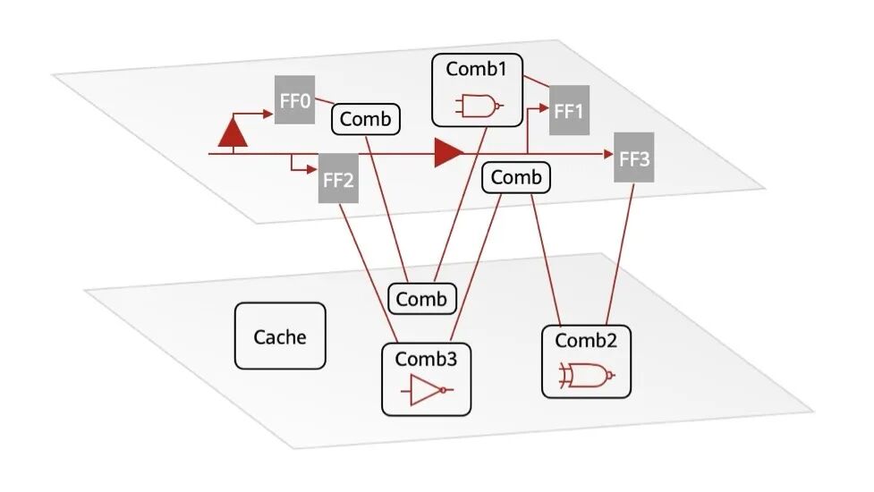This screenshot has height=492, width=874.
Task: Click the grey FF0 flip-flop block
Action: tap(295, 99)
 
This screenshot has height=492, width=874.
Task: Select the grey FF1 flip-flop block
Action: tap(569, 110)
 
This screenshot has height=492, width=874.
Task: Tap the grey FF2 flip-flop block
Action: tap(338, 178)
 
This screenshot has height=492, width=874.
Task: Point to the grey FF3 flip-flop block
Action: tap(633, 157)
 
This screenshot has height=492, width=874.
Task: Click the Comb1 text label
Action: tap(477, 69)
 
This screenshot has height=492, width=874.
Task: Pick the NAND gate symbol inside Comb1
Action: tap(479, 106)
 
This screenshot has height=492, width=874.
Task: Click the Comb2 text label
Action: tap(586, 341)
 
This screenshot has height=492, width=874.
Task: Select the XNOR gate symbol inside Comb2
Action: tap(586, 376)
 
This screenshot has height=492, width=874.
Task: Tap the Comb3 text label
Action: tap(426, 359)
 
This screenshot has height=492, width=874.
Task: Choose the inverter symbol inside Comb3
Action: tap(427, 390)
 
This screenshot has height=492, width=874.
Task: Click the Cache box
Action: tap(280, 336)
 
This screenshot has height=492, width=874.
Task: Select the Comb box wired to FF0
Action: tap(366, 119)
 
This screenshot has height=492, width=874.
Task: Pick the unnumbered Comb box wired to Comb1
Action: tap(422, 299)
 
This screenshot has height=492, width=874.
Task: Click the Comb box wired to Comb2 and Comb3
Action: tap(516, 178)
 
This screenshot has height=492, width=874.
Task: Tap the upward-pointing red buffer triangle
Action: tap(233, 131)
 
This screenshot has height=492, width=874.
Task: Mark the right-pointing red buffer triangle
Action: tap(448, 153)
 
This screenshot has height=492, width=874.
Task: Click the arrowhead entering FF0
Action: tap(268, 114)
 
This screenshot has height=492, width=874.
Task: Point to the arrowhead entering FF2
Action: tap(311, 169)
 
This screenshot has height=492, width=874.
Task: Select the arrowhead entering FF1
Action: tap(544, 107)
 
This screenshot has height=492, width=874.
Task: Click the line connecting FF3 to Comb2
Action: tap(620, 253)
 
